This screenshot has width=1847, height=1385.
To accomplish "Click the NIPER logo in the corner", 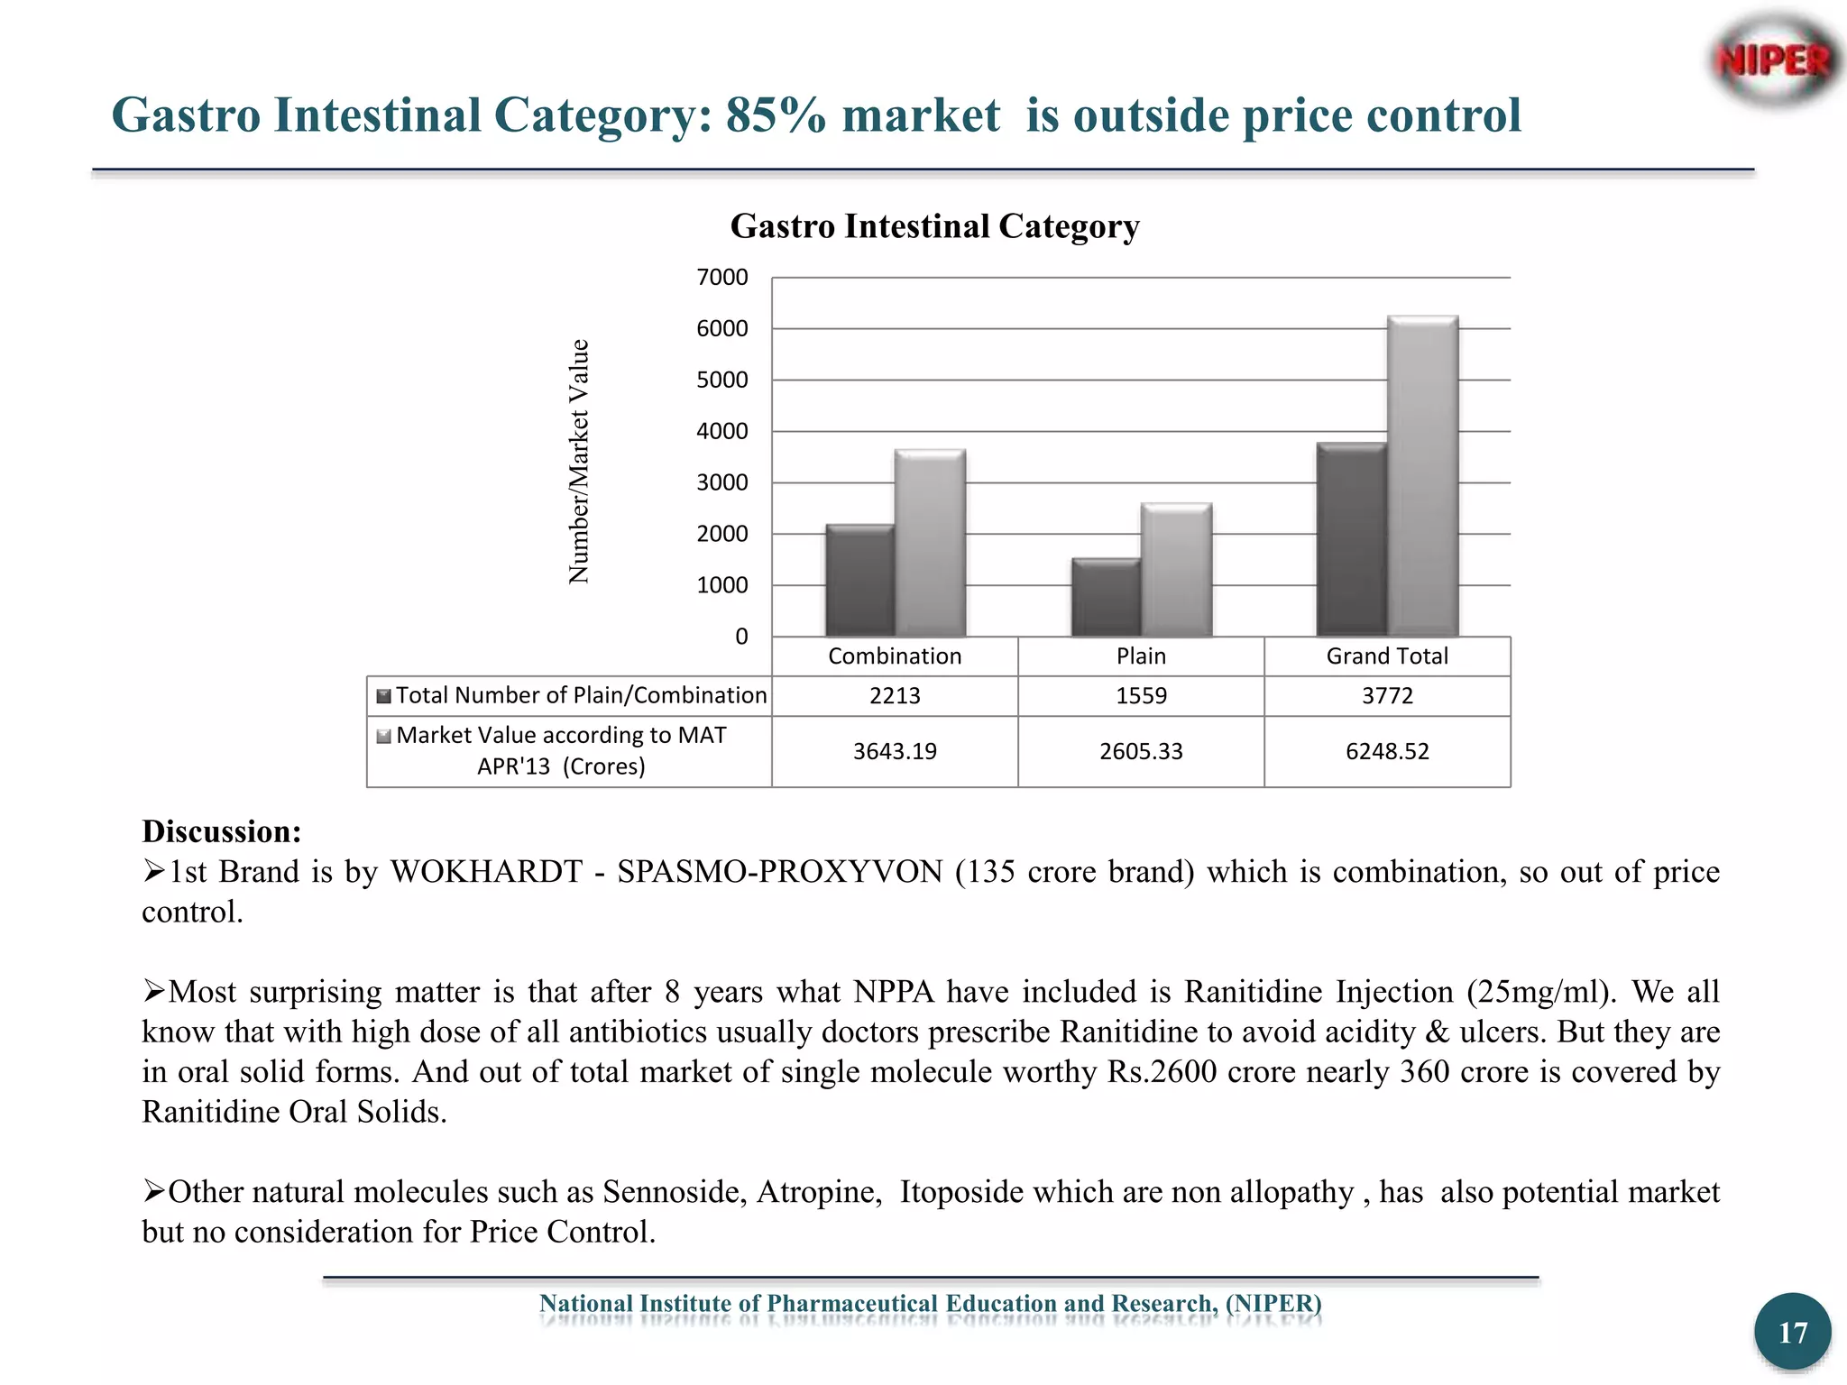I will pyautogui.click(x=1774, y=60).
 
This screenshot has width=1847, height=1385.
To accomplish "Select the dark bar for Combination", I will pyautogui.click(x=859, y=582).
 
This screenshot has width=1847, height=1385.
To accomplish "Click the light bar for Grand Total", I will pyautogui.click(x=1422, y=478).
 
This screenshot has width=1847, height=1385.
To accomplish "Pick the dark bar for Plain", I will pyautogui.click(x=1106, y=598).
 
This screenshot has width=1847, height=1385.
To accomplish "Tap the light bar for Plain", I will pyautogui.click(x=1176, y=571).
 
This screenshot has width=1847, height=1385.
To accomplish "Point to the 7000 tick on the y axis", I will pyautogui.click(x=722, y=278).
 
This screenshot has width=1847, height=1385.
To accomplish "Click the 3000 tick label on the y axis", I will pyautogui.click(x=722, y=483).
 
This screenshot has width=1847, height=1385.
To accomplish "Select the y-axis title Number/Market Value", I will pyautogui.click(x=579, y=462).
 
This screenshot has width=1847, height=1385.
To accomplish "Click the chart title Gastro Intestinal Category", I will pyautogui.click(x=934, y=226).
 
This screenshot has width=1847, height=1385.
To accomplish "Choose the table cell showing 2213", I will pyautogui.click(x=895, y=696).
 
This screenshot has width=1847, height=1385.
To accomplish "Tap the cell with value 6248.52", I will pyautogui.click(x=1387, y=752).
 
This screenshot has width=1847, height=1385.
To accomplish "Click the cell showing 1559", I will pyautogui.click(x=1141, y=696).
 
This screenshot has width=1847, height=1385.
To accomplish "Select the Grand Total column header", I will pyautogui.click(x=1387, y=656).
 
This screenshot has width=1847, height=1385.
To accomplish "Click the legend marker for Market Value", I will pyautogui.click(x=383, y=737).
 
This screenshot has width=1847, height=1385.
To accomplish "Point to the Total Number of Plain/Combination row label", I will pyautogui.click(x=581, y=696).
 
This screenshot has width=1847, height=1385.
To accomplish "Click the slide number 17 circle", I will pyautogui.click(x=1792, y=1332).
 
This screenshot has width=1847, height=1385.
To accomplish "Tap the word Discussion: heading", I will pyautogui.click(x=222, y=831).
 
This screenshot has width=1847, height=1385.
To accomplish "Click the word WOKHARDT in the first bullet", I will pyautogui.click(x=486, y=872).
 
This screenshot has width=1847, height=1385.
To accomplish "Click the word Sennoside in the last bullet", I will pyautogui.click(x=674, y=1192).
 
